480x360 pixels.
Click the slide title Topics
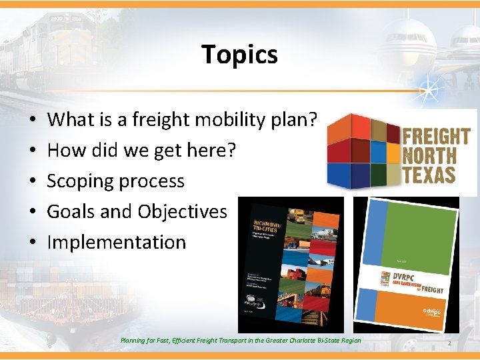pos(239,55)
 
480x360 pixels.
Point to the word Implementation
pos(117,242)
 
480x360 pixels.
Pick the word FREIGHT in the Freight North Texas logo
pos(436,137)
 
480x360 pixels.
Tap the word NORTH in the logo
pos(430,157)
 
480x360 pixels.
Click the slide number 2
pos(450,343)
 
